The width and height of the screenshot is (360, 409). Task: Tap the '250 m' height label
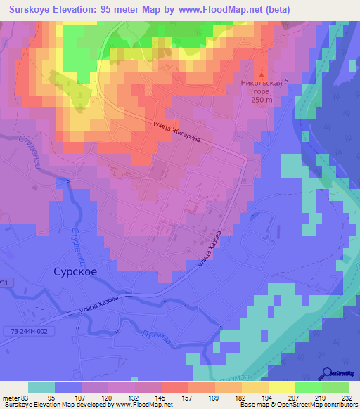pyautogui.click(x=262, y=100)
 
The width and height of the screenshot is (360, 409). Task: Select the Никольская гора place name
pyautogui.click(x=263, y=87)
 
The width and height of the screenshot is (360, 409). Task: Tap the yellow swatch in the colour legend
pyautogui.click(x=282, y=387)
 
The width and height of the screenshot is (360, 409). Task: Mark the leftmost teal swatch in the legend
pyautogui.click(x=41, y=387)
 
